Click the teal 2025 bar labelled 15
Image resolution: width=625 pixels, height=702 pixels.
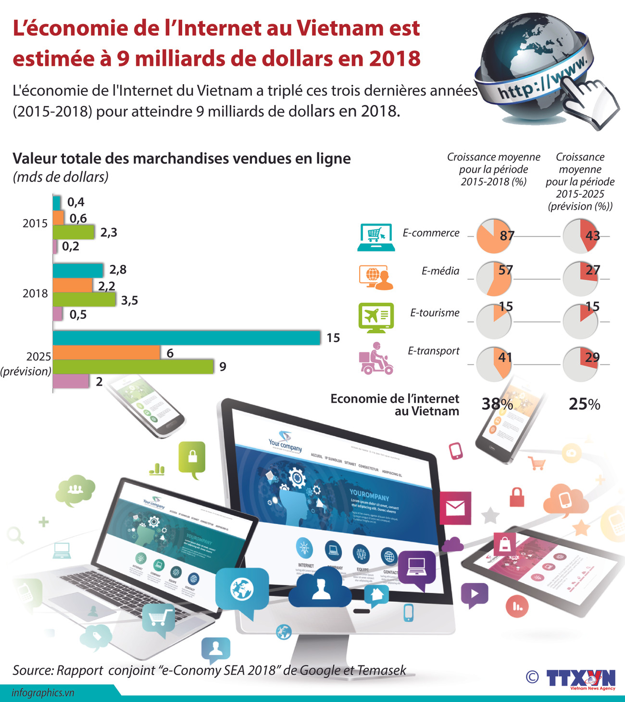click(187, 338)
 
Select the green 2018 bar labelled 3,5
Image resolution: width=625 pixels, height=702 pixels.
click(84, 300)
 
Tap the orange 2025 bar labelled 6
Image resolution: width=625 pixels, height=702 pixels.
click(106, 352)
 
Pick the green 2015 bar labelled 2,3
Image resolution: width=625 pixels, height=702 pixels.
click(74, 232)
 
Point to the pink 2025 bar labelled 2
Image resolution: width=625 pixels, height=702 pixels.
click(71, 381)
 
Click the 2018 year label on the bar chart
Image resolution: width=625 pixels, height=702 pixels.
click(35, 293)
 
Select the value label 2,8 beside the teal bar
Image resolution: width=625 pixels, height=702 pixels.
click(118, 269)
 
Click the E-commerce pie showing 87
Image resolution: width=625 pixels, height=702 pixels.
click(494, 236)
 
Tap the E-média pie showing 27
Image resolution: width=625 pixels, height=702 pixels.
click(580, 278)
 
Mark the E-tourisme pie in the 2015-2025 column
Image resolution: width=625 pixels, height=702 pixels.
click(580, 321)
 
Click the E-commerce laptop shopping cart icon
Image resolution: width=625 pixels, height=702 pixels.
click(376, 238)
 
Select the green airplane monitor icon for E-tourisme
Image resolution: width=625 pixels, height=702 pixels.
click(376, 317)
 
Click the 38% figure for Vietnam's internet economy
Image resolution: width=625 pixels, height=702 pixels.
click(497, 404)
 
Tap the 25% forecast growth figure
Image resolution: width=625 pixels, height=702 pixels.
click(584, 404)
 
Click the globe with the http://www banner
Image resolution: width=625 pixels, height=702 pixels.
click(534, 67)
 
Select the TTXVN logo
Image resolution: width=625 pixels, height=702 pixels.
click(581, 678)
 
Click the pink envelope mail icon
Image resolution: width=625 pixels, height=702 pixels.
click(455, 508)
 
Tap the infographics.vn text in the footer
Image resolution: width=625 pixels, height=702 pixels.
click(43, 693)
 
